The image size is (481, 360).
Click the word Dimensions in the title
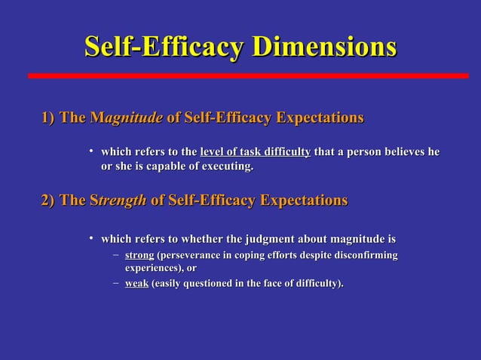point(323,47)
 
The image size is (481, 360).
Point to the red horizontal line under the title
point(248,76)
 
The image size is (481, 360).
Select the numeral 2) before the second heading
point(48,200)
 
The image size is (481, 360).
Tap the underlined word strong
point(139,256)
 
